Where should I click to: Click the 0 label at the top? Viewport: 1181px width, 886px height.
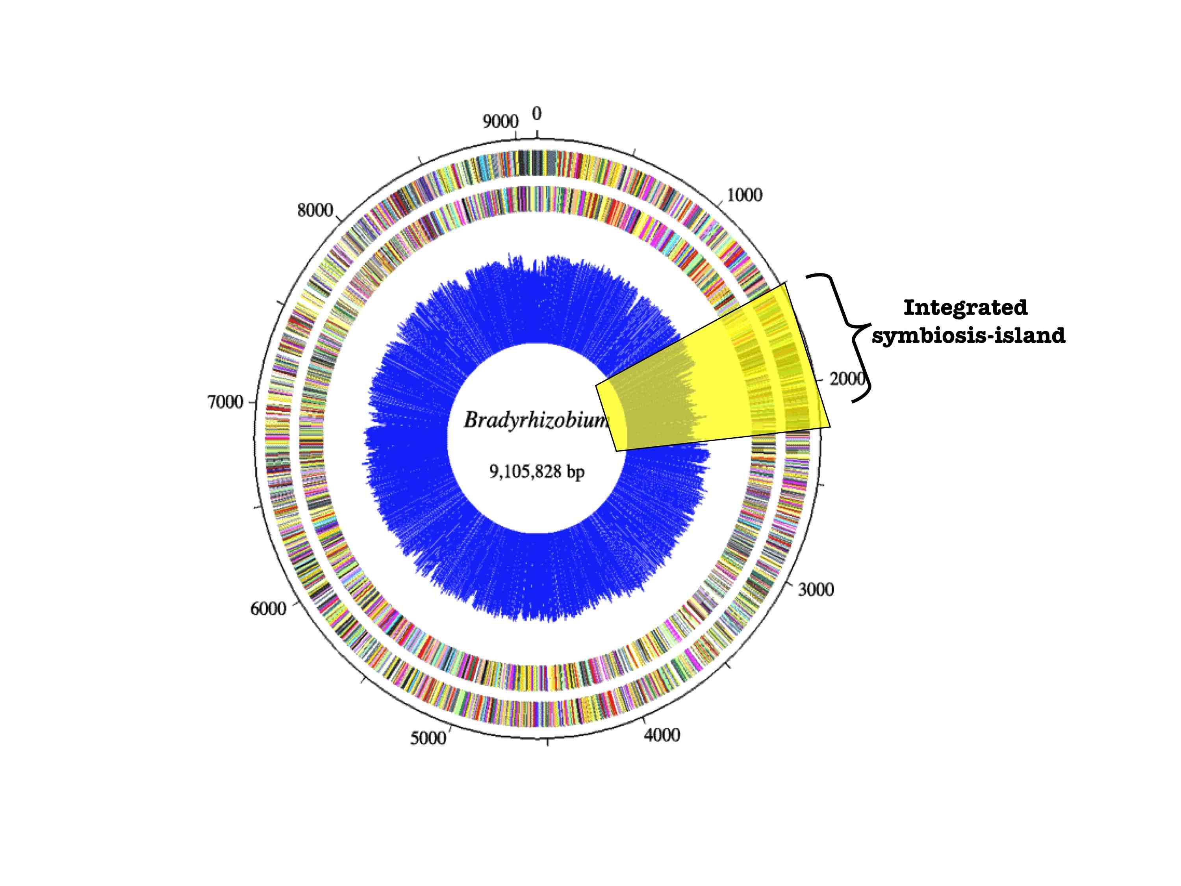(537, 114)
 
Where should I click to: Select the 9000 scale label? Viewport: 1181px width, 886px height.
(500, 122)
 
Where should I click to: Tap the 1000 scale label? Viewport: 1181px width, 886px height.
(744, 195)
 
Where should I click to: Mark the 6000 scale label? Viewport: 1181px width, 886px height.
(268, 608)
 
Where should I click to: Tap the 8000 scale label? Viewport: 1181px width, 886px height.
(315, 210)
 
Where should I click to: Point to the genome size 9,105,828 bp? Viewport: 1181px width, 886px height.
(537, 471)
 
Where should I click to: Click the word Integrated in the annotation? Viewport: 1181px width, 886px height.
(965, 308)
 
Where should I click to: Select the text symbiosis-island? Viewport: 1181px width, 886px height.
(968, 335)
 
